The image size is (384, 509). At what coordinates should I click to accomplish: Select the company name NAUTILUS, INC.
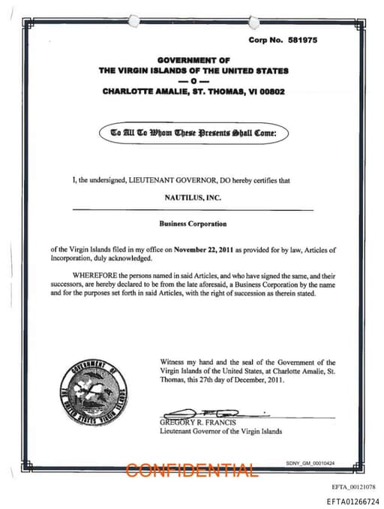[x=193, y=197]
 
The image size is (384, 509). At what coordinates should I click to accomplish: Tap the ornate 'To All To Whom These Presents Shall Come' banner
[x=193, y=133]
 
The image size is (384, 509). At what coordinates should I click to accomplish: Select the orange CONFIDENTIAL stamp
[x=192, y=470]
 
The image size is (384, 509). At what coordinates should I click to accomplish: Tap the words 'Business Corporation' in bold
[x=193, y=224]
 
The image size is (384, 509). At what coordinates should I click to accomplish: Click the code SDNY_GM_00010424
[x=310, y=463]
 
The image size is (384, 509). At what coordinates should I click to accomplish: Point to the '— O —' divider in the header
[x=193, y=80]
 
